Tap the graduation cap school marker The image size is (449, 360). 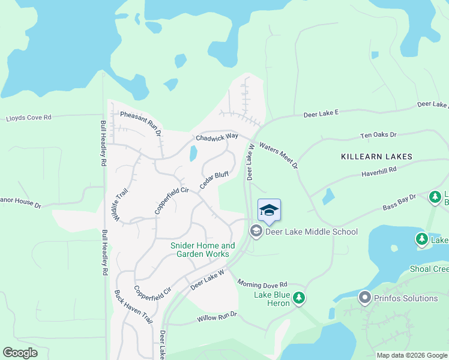tap(270, 210)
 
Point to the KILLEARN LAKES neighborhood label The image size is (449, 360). tap(376, 157)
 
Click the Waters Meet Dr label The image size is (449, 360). tap(279, 155)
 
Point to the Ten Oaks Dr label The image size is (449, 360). tap(378, 136)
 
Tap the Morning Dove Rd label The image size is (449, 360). tap(263, 283)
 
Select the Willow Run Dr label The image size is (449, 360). tap(217, 317)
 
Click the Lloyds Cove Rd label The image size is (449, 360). tap(29, 118)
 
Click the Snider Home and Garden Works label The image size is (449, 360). tap(203, 250)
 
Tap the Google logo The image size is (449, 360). tap(20, 353)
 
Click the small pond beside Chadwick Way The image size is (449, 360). tap(193, 154)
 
